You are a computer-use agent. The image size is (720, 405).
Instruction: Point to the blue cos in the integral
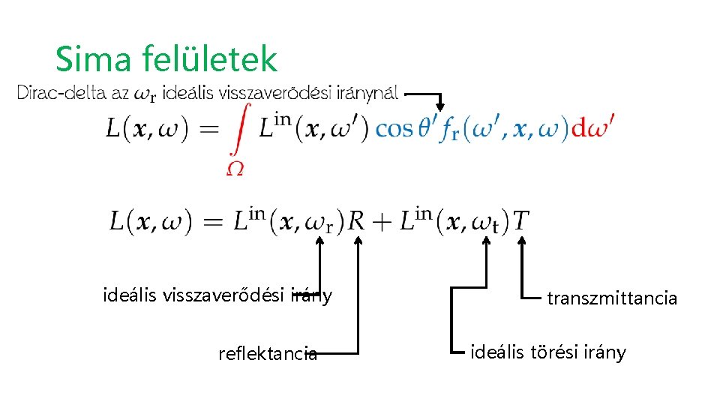pos(394,129)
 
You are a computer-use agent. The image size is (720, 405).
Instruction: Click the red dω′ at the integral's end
pos(592,127)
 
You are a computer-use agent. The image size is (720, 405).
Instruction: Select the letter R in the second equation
pos(356,221)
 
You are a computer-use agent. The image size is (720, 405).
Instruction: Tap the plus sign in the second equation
pos(382,222)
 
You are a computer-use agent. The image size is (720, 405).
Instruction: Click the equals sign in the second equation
pos(212,222)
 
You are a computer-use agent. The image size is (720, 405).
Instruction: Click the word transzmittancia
pos(612,298)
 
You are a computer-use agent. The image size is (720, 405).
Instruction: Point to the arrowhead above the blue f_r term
pos(441,106)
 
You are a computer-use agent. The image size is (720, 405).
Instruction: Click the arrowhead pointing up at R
pos(358,241)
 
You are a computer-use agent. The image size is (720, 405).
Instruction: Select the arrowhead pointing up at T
pos(522,241)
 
